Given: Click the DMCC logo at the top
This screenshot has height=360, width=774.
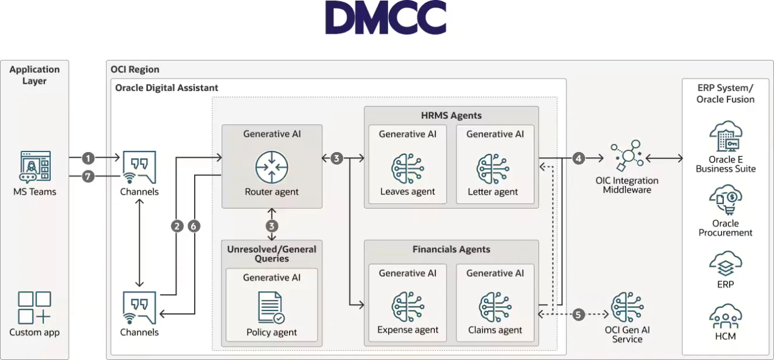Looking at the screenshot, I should pos(386,18).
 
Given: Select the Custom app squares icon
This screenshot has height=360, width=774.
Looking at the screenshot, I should pos(34,308).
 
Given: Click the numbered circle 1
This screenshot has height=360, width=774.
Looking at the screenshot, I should pos(88,158).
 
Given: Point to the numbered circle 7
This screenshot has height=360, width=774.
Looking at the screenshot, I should pos(88,175).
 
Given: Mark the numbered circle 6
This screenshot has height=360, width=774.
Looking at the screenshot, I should pos(194,226).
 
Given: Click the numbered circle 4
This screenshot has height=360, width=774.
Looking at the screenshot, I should pos(578,158).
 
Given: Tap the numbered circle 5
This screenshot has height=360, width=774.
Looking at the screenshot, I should pos(578,315).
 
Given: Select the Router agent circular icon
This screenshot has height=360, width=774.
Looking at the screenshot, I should pos(272,166).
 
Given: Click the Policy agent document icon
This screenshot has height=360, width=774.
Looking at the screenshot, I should pos(271,308).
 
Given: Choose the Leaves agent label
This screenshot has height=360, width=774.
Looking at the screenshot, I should pos(407,192).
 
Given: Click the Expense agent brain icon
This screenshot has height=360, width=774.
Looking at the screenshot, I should pos(407,307).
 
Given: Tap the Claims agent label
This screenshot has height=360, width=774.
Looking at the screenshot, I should pos(495,330).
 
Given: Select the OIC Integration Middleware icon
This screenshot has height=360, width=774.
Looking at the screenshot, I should pos(626,156).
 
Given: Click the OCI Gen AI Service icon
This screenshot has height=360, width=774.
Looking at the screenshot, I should pos(627,307).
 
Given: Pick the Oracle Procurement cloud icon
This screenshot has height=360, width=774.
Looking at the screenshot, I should pos(725,202).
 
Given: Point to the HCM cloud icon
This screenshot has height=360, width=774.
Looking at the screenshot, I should pos(725,317).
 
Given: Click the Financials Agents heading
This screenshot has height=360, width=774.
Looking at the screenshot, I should pos(451,249).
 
